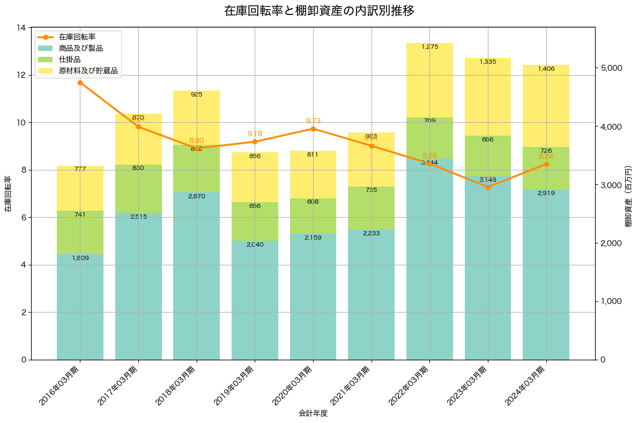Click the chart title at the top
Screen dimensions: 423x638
tap(319, 11)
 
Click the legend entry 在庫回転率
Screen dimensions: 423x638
tap(77, 37)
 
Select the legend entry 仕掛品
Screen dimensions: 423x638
tap(70, 60)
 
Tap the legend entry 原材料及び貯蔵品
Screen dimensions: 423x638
tap(88, 71)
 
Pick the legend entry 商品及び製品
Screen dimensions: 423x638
tap(80, 48)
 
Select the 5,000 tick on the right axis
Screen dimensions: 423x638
tap(610, 68)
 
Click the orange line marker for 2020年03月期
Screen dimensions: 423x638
tap(313, 129)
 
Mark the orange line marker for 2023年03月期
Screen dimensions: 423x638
tap(488, 187)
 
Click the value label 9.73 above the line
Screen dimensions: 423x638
tap(313, 121)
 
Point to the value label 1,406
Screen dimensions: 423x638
tap(546, 69)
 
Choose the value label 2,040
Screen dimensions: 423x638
tap(255, 244)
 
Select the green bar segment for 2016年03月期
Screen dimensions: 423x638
tap(80, 232)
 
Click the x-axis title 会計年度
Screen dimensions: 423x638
tap(313, 413)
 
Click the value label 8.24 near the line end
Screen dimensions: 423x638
tap(546, 156)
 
